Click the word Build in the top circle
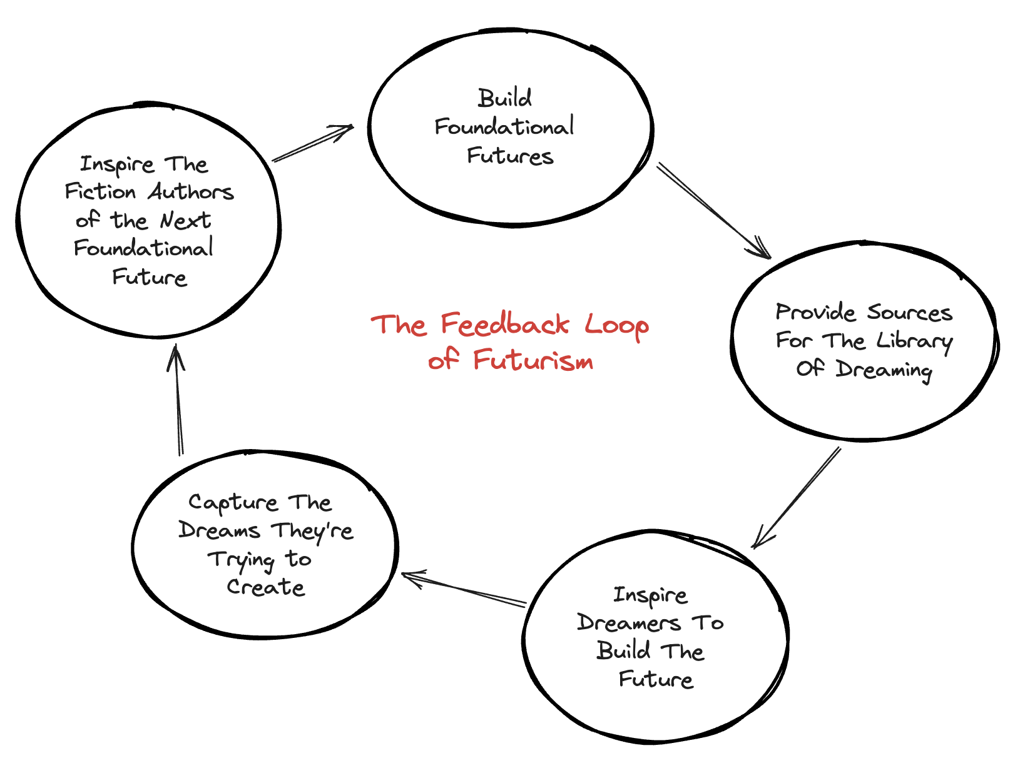coord(504,99)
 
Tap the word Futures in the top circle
coord(510,156)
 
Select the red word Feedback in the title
coord(505,325)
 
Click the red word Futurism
coord(533,360)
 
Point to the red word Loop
coord(616,326)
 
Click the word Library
coord(914,341)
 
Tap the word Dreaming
coord(884,370)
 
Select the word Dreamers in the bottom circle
coord(628,623)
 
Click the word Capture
coord(233,503)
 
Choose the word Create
coord(265,587)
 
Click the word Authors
coord(191,192)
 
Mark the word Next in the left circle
coord(185,220)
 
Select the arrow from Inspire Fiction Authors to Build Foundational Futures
coord(313,143)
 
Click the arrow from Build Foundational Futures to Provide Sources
coord(713,210)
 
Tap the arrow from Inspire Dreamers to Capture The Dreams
coord(464,589)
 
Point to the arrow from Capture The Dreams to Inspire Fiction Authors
coord(178,400)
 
